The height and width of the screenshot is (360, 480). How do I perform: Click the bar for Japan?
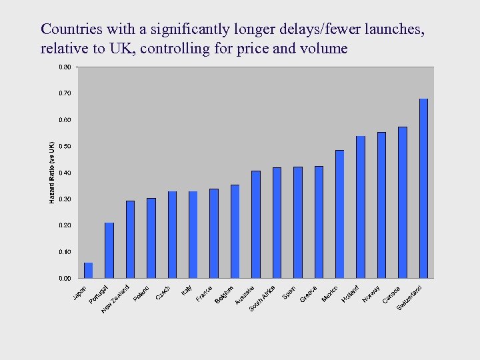point(88,270)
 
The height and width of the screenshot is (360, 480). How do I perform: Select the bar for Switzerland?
point(423,188)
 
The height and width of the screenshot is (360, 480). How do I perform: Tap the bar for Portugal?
point(109,250)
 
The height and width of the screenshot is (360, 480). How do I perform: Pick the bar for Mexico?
point(339,214)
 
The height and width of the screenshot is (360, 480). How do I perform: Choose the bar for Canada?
point(402,202)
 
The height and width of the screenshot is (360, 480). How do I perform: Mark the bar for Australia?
point(256,224)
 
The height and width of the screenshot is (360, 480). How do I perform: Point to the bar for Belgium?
point(235,231)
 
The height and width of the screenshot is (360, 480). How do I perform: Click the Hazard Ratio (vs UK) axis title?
point(52,172)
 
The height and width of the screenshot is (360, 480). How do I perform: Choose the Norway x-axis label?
point(371,293)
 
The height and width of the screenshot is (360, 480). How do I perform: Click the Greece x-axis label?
point(308,293)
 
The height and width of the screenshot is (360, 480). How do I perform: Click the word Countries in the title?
point(71,29)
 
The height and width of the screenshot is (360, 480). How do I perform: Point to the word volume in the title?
point(325,48)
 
